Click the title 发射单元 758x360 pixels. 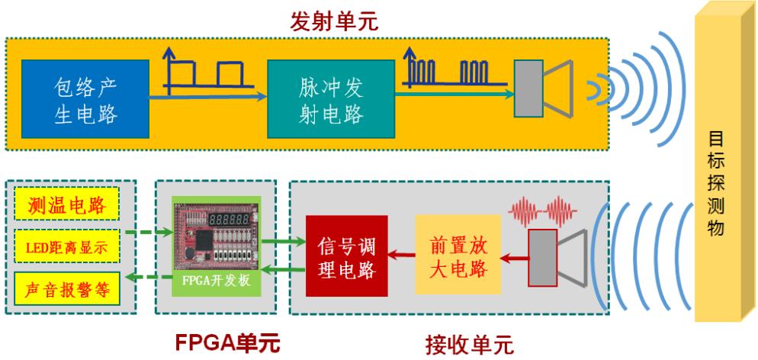[x=335, y=22]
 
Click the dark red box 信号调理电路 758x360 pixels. [x=346, y=256]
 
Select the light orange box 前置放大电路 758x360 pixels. [x=458, y=256]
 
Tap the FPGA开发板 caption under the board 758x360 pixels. [x=209, y=288]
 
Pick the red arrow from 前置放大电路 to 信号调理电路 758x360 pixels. [x=401, y=256]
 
